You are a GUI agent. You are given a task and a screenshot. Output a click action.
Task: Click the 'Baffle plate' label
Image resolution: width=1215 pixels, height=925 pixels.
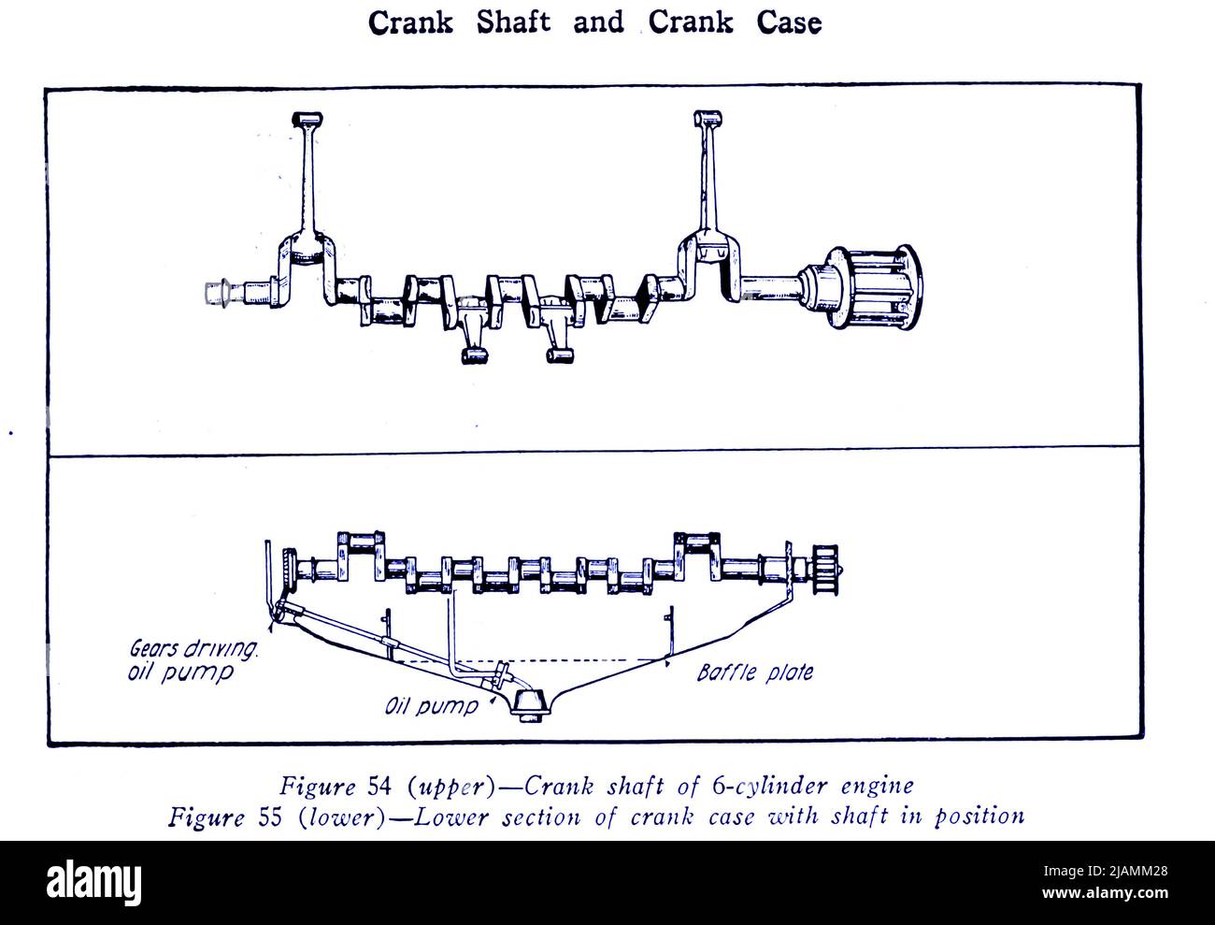[x=754, y=672]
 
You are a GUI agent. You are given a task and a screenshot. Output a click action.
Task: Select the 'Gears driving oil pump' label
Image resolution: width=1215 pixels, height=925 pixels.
[x=186, y=659]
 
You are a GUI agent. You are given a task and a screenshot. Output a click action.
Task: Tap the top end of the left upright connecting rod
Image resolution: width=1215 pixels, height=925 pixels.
[x=307, y=119]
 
